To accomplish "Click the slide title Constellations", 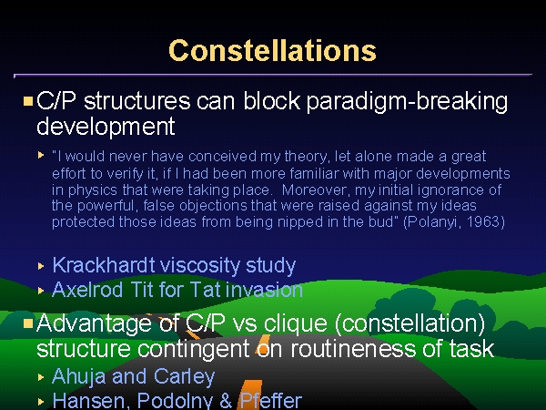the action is click(x=272, y=51).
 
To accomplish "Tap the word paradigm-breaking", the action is click(x=407, y=102).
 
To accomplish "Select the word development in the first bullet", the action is click(x=106, y=127).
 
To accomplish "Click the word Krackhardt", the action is click(x=104, y=265).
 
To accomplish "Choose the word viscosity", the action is click(x=200, y=266).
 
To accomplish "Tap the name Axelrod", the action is click(x=87, y=290).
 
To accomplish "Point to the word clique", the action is click(x=295, y=324).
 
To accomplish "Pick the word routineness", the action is click(x=353, y=349).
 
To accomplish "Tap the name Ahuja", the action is click(x=79, y=377).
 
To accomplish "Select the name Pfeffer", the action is click(x=270, y=401).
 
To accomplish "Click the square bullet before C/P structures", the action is click(x=28, y=101).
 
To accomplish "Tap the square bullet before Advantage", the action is click(x=28, y=323).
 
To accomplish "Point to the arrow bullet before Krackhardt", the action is click(x=41, y=266).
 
